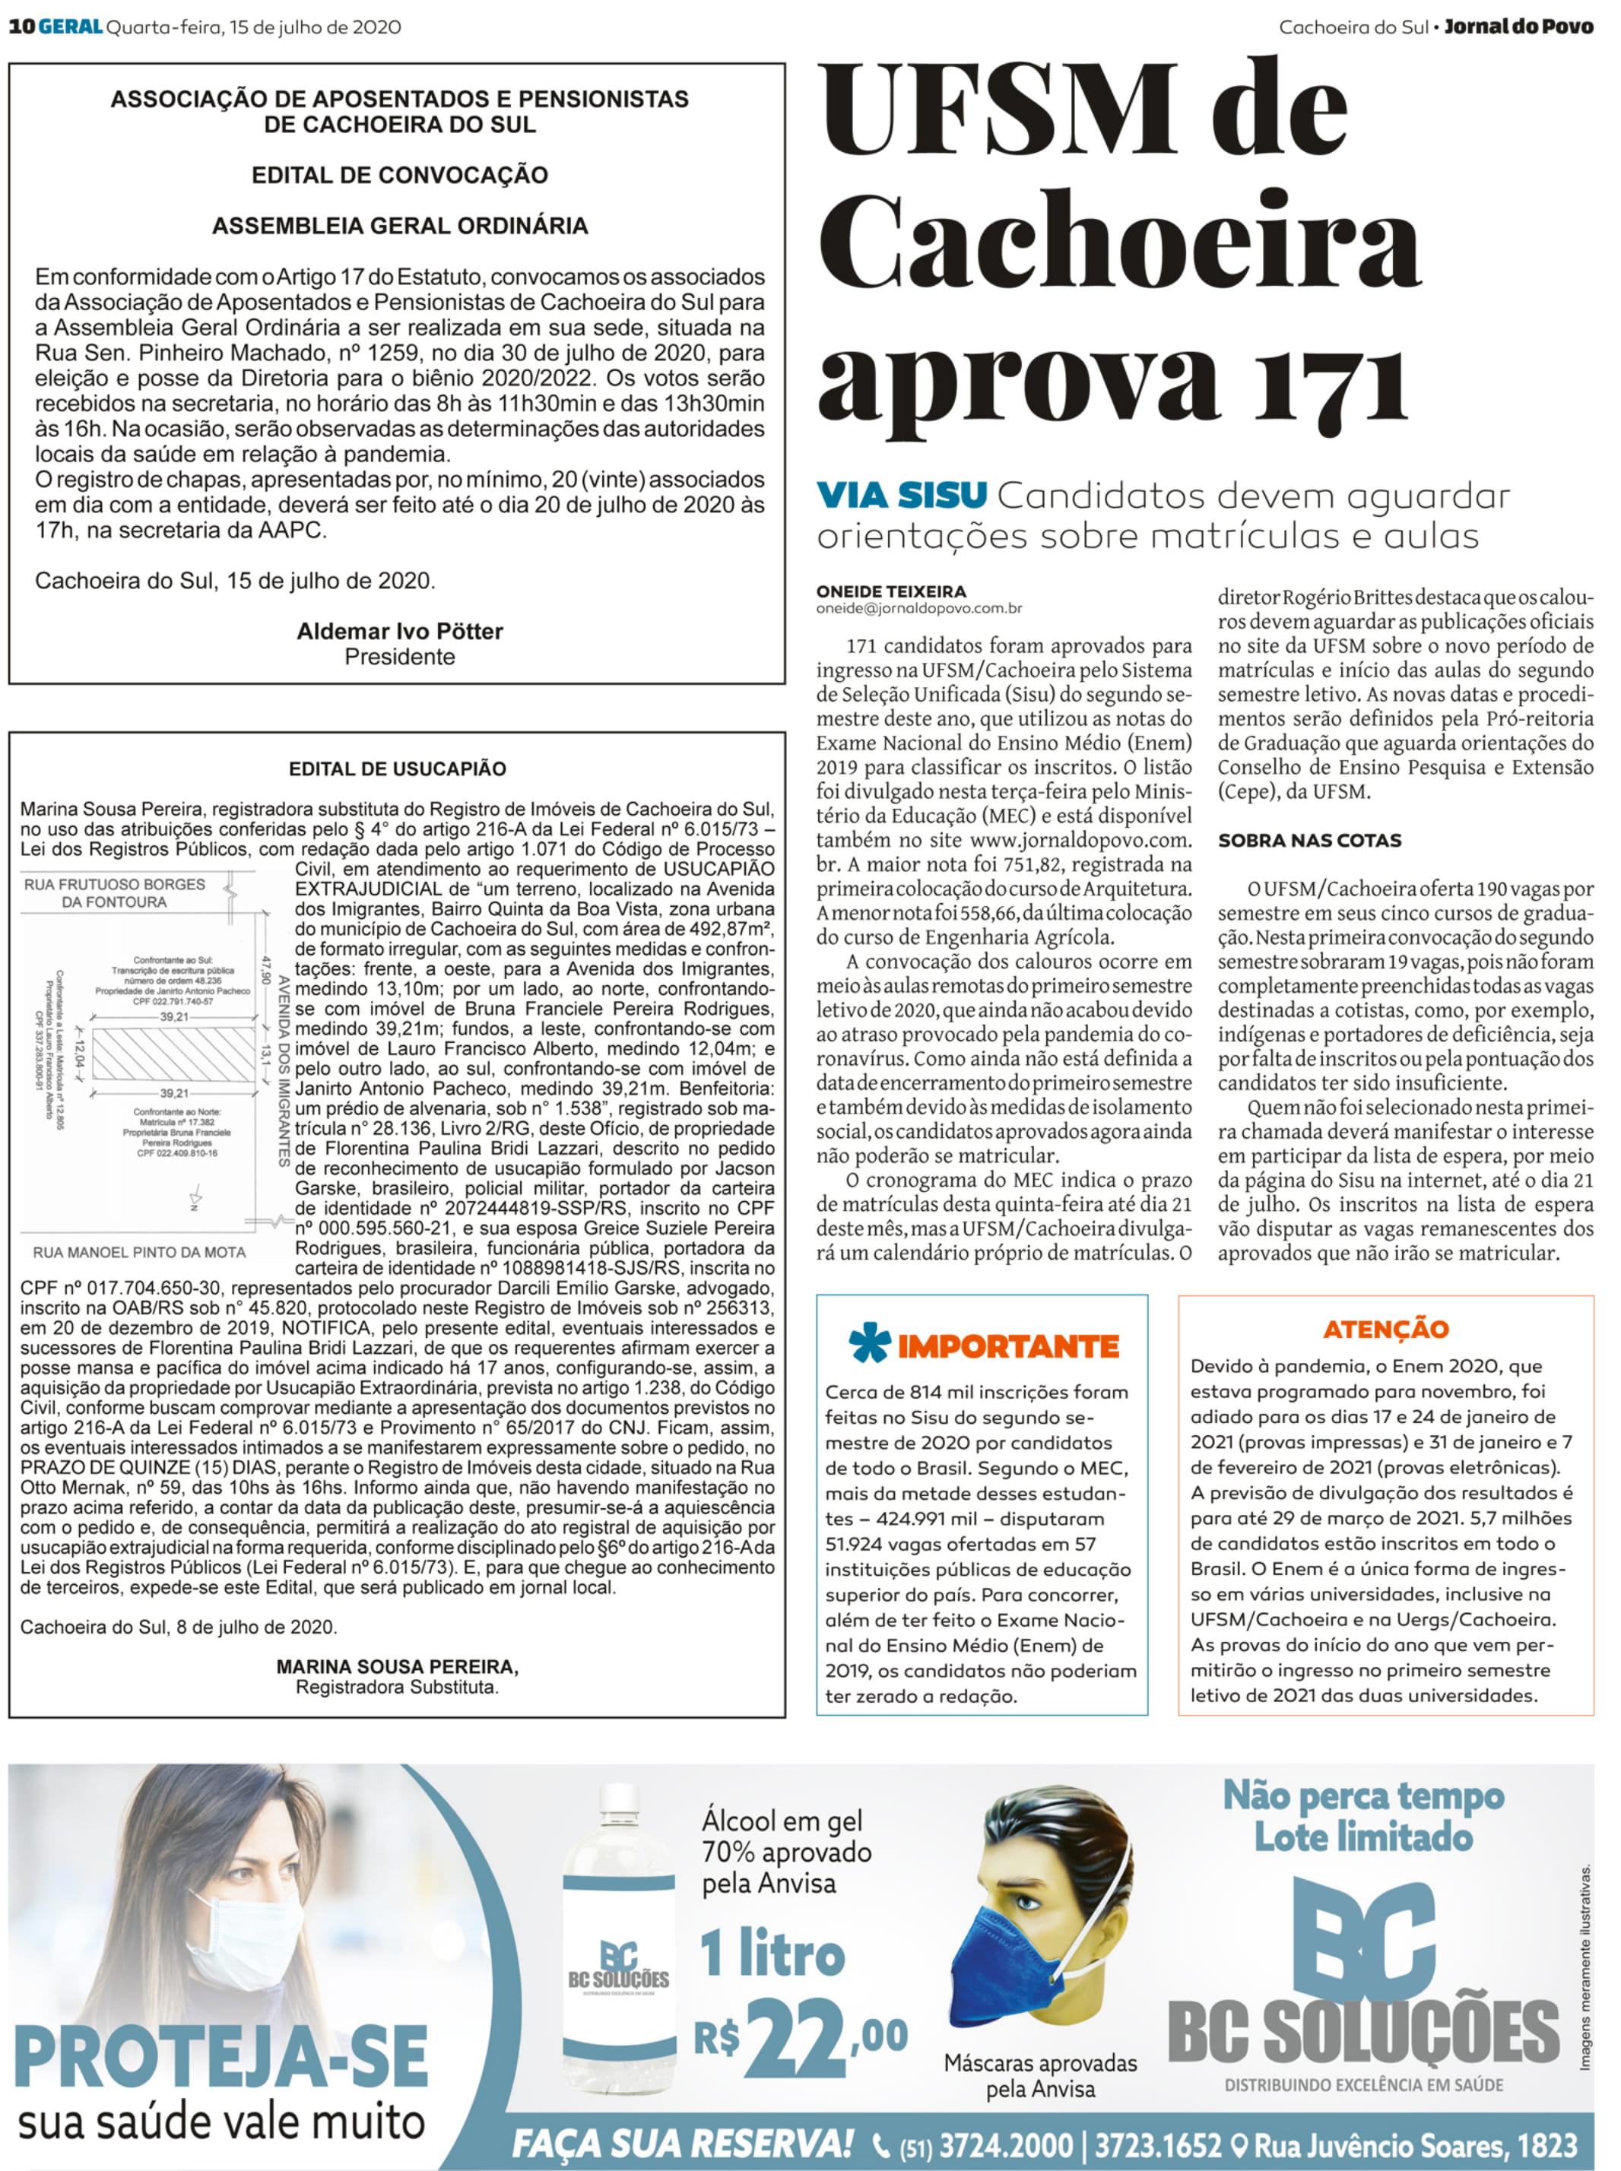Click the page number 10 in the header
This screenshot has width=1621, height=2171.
coord(21,27)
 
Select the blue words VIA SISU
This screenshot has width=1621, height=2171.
coord(902,496)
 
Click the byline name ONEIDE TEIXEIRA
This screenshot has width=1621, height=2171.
coord(891,591)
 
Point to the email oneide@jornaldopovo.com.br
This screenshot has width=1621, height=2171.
coord(919,608)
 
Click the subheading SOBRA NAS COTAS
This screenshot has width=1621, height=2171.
coord(1309,841)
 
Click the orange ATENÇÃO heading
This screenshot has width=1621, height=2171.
coord(1385,1330)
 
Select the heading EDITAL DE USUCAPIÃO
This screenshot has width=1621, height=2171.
coord(398,769)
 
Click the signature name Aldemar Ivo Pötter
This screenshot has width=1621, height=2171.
coord(399,631)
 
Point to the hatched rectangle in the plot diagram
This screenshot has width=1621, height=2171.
coord(173,1054)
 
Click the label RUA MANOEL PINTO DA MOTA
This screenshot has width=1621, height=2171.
coord(139,1252)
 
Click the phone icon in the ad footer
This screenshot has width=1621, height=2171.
coord(881,2144)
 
